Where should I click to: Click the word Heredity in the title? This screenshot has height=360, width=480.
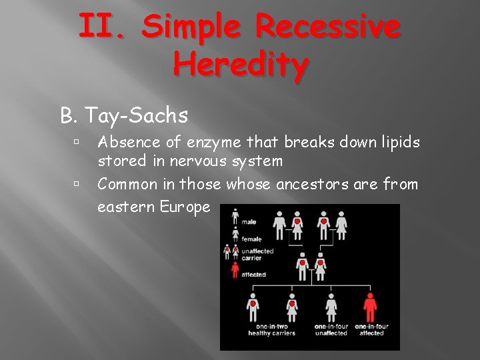coord(241,65)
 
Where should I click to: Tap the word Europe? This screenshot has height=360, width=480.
coord(183,207)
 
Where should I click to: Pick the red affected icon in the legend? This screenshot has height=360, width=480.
coord(234,269)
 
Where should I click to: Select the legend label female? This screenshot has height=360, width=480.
coord(251,239)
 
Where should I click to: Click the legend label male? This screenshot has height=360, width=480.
coord(249,222)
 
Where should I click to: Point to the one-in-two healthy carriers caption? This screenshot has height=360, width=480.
coord(272,329)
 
